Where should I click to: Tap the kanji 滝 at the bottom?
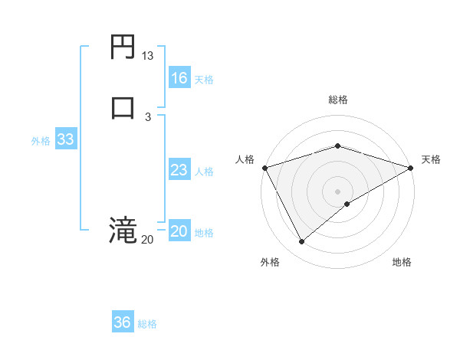[x=123, y=230]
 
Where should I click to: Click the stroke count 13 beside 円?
[x=148, y=56]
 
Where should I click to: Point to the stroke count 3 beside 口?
[x=148, y=116]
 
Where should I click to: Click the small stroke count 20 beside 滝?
[x=148, y=240]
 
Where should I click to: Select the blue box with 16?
[x=179, y=78]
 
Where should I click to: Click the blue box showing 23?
[x=179, y=170]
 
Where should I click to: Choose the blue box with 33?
[x=65, y=139]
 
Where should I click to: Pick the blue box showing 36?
[x=122, y=322]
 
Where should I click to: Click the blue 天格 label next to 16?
[x=204, y=80]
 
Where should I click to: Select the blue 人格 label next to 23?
[x=204, y=172]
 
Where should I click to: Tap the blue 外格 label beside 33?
[x=41, y=141]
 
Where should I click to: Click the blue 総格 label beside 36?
[x=147, y=324]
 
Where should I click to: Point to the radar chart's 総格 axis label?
[x=338, y=100]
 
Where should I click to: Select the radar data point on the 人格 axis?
[x=264, y=168]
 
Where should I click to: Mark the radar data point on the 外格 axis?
[x=302, y=242]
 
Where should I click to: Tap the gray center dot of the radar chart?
[x=338, y=191]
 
